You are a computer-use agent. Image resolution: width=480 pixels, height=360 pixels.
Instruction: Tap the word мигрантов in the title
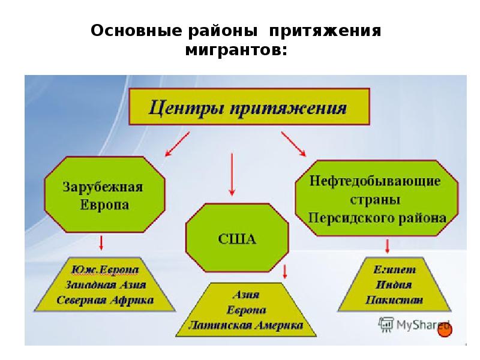pos(236,52)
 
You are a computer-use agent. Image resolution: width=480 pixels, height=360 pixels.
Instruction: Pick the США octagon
pos(236,239)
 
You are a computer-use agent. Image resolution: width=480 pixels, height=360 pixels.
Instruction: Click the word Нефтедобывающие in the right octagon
pos(376,181)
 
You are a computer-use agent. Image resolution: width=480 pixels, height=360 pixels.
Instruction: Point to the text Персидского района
pos(377,217)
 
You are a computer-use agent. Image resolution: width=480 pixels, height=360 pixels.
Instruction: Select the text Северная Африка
pos(104,299)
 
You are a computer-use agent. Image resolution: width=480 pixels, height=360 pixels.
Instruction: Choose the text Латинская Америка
pos(245,326)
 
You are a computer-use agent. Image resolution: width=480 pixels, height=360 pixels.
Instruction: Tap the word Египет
pos(395,270)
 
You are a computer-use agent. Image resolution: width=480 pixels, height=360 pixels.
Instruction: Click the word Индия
pos(395,285)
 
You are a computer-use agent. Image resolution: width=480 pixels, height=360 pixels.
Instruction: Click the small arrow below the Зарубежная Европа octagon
pos(102,242)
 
